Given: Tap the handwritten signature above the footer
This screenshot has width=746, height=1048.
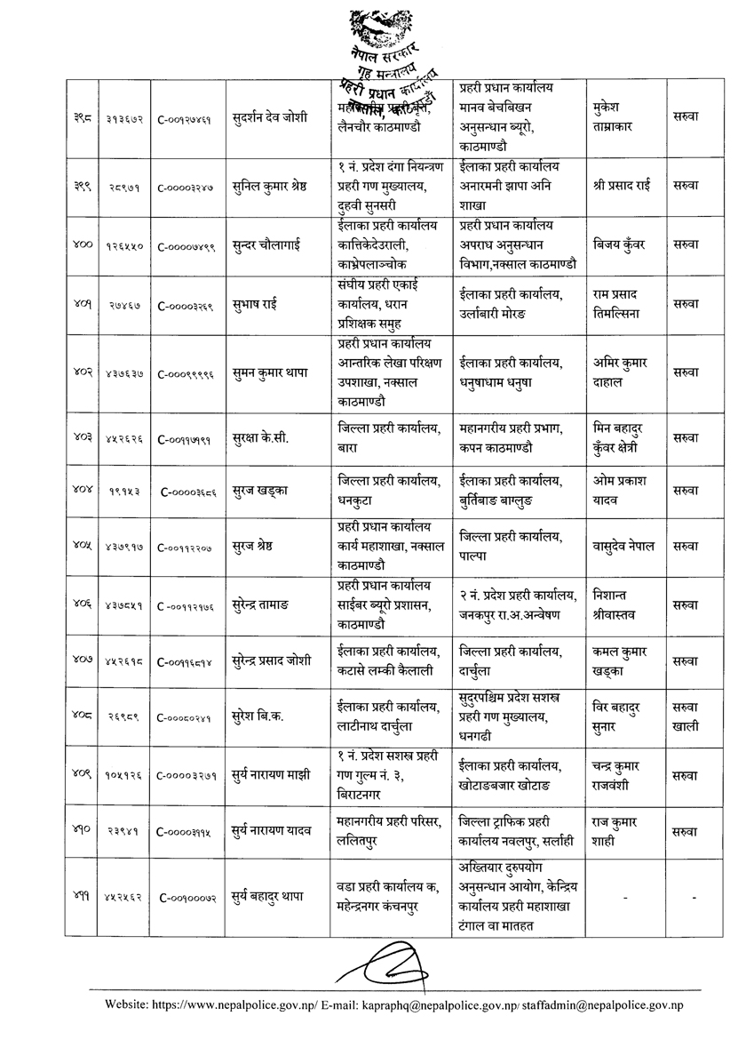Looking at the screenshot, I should [x=389, y=964].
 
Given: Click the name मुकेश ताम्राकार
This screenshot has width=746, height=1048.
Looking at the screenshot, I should [x=619, y=116].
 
